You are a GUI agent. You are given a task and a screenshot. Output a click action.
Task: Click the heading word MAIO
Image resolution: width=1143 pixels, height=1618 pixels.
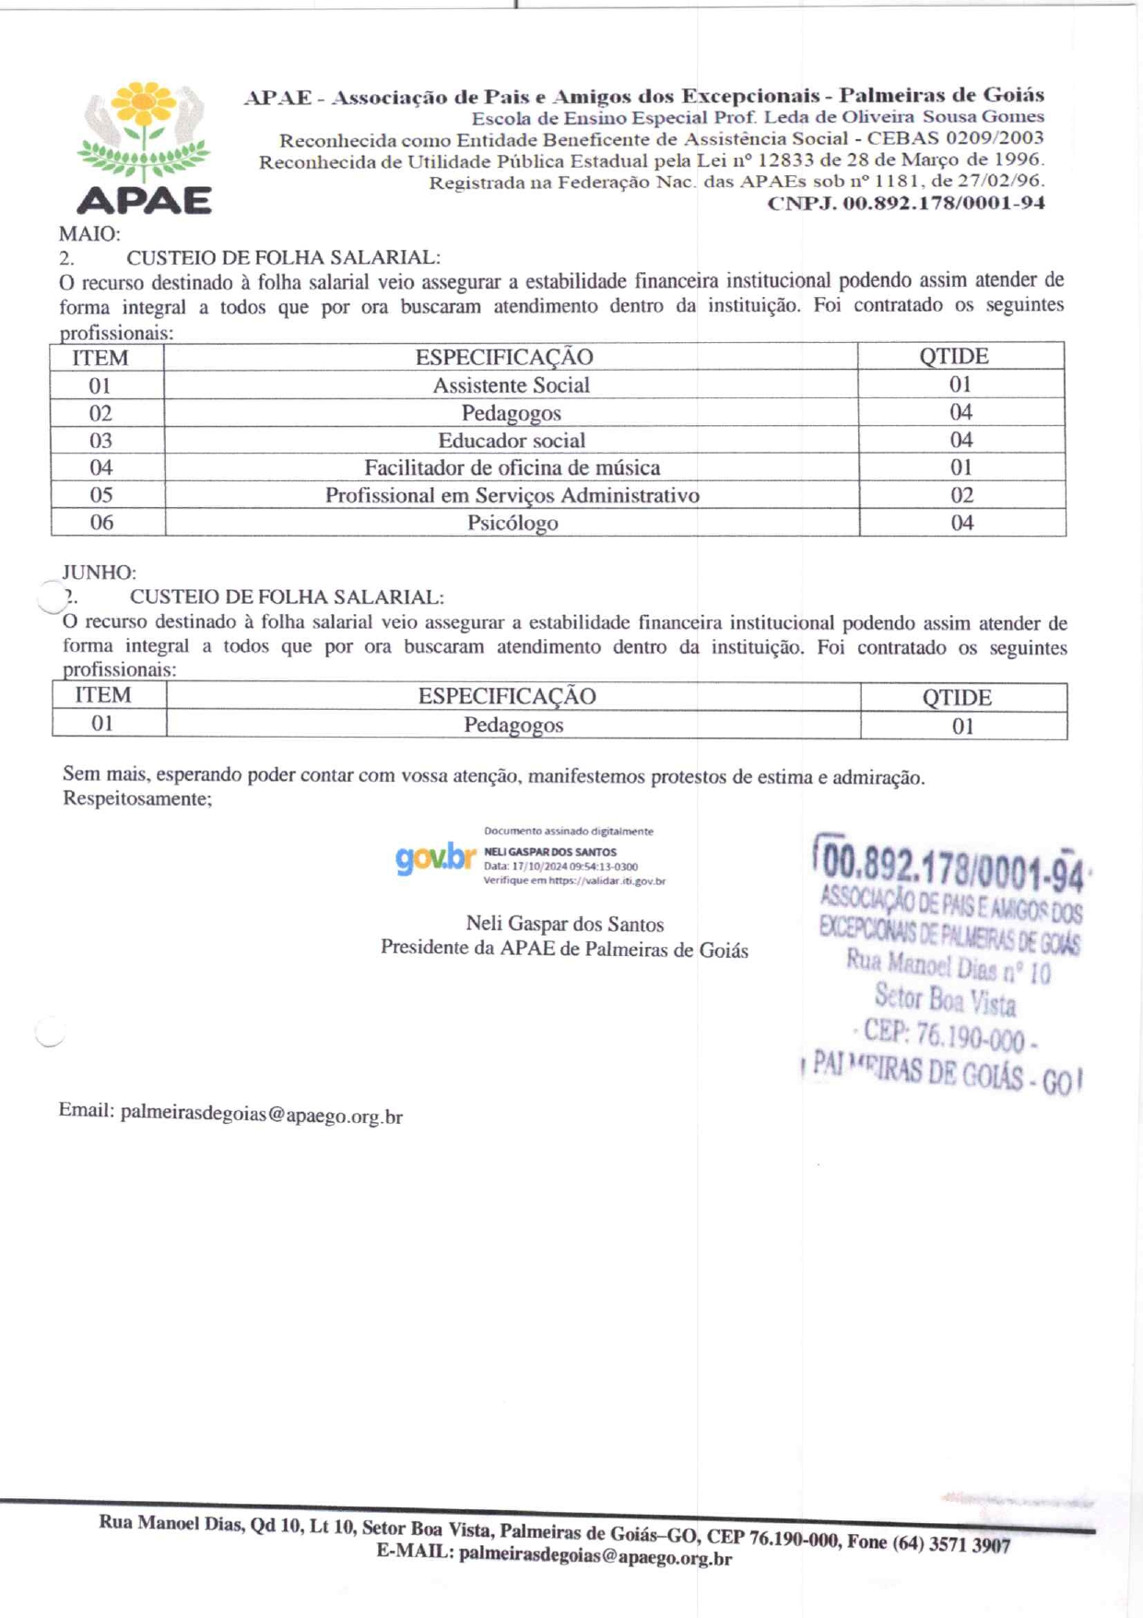pos(89,234)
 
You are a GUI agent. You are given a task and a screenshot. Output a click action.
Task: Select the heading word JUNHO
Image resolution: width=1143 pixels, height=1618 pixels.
pos(99,573)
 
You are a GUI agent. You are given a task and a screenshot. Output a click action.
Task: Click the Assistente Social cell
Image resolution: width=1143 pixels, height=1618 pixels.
pos(511,385)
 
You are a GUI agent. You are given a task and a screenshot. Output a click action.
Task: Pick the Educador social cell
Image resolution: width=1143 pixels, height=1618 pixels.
pos(511,441)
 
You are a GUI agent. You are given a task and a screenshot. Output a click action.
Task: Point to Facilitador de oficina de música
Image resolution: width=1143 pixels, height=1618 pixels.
pos(512,468)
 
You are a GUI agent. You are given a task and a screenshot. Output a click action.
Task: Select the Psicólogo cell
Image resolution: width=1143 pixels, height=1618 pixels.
pos(512,524)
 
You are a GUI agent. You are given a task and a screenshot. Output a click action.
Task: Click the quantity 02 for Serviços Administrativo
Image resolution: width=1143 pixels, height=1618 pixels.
pos(961,496)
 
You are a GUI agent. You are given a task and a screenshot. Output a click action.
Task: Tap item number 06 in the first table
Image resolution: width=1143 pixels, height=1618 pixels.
pos(101,523)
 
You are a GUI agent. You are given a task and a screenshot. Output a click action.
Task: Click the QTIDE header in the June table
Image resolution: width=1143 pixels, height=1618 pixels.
pos(957,698)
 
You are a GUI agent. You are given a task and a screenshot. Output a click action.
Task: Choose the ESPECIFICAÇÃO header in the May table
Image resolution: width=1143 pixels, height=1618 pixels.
pos(504,358)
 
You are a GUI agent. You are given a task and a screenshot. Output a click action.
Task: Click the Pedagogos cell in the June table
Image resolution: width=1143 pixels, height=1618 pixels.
pos(513,726)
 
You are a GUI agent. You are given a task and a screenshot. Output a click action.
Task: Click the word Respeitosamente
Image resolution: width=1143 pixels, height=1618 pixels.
pos(136,798)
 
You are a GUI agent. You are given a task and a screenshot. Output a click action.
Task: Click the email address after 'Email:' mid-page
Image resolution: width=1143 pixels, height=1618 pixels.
pos(261,1115)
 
